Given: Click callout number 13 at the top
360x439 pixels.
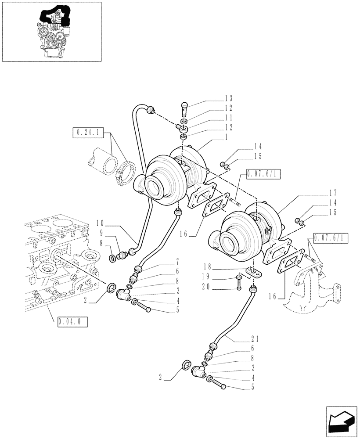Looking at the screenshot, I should click(x=229, y=98).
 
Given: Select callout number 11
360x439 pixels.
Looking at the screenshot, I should click(x=229, y=118).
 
